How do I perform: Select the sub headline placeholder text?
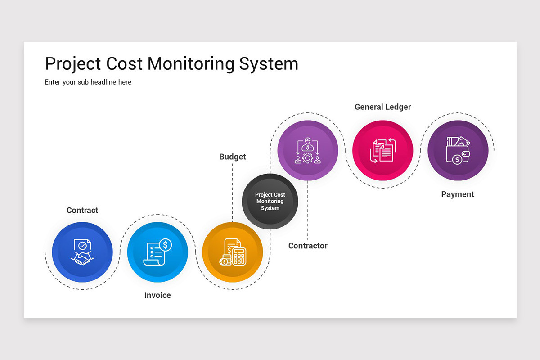click(x=88, y=82)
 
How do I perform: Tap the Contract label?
click(x=82, y=210)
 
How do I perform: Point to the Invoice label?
click(x=157, y=295)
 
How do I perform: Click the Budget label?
click(x=233, y=157)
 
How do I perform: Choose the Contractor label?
click(x=308, y=246)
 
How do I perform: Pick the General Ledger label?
click(x=382, y=107)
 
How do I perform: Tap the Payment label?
click(x=458, y=194)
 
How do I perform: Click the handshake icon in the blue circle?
click(x=82, y=252)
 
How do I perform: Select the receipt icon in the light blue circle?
click(x=157, y=252)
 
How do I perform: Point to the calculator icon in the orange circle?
click(x=233, y=252)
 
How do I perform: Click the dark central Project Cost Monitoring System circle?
click(x=270, y=201)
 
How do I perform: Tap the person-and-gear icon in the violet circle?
click(x=308, y=150)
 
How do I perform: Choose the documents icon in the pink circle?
click(x=382, y=150)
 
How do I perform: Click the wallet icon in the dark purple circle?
click(x=458, y=150)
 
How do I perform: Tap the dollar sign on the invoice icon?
click(x=166, y=245)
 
